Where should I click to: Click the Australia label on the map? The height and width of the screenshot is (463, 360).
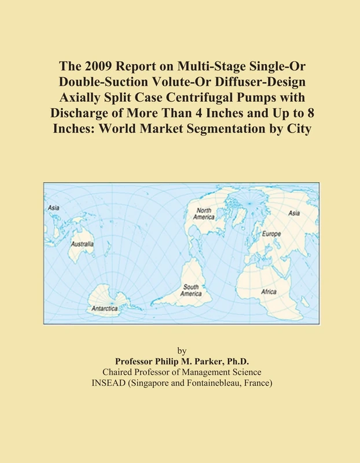pos(83,245)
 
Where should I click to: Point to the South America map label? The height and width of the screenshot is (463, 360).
pos(192,291)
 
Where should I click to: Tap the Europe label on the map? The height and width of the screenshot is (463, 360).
pos(271,234)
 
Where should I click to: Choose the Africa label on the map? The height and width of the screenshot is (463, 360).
pos(269,292)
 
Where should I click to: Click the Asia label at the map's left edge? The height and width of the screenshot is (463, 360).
pos(53,207)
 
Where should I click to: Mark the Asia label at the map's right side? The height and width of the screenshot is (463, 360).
pos(294,213)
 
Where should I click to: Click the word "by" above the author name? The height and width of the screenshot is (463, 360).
pos(181,351)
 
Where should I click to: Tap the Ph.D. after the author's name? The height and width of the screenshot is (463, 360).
pos(233,361)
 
